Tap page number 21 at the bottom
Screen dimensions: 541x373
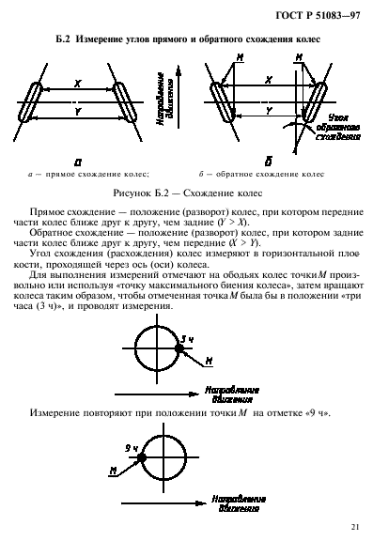point(352,526)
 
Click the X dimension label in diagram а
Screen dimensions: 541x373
point(77,83)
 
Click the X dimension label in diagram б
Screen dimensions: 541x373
point(269,82)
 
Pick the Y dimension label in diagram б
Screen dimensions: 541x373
point(269,110)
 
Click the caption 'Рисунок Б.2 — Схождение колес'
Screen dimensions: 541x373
point(185,191)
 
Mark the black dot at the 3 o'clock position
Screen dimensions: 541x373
point(179,349)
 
